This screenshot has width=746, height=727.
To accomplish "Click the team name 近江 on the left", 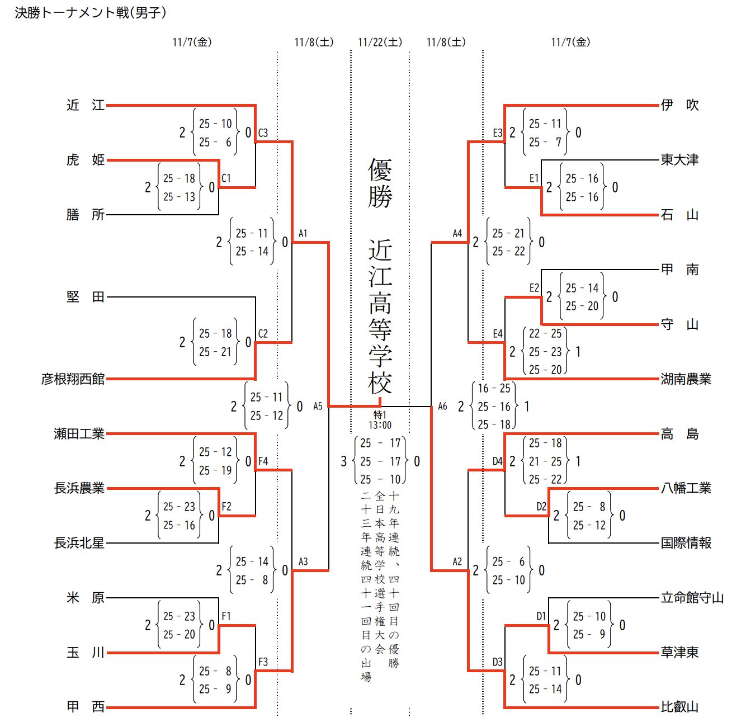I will [x=85, y=105].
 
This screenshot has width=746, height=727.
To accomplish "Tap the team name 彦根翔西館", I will [x=73, y=379].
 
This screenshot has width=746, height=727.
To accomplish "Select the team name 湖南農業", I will [x=686, y=379].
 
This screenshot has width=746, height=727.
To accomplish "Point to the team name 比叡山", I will [x=679, y=707].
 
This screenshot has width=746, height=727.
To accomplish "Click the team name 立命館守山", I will [x=692, y=598].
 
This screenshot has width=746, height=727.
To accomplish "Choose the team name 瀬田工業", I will [x=79, y=434].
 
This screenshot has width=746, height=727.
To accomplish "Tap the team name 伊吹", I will [x=679, y=105].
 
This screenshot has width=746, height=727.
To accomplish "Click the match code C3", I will [x=263, y=133].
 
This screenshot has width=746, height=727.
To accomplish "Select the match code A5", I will [x=318, y=407].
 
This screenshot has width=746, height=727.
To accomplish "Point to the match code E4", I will [x=498, y=334].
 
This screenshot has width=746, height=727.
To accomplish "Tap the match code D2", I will [x=541, y=507].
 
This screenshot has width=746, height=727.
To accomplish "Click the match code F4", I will [x=263, y=461].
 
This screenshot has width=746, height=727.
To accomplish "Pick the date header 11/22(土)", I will [x=380, y=43].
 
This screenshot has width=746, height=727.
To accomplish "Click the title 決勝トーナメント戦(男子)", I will [x=91, y=13].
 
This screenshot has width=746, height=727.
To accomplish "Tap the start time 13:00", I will [x=380, y=425].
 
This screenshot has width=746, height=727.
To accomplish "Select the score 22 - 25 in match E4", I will [x=545, y=334].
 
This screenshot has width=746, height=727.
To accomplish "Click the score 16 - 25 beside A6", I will [x=494, y=388].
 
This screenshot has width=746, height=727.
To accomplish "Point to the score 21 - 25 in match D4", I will [x=545, y=461].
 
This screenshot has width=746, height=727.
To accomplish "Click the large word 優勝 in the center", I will [x=380, y=183].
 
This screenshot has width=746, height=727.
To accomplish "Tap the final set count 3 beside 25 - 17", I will [x=343, y=461].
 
